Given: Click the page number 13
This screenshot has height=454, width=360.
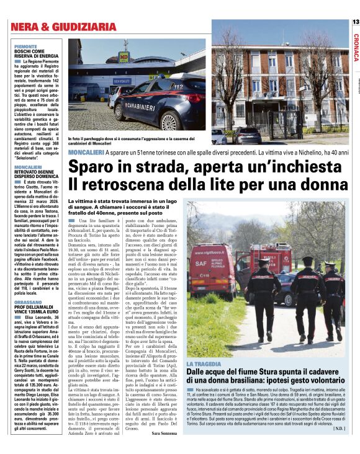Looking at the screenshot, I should point(355,22).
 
